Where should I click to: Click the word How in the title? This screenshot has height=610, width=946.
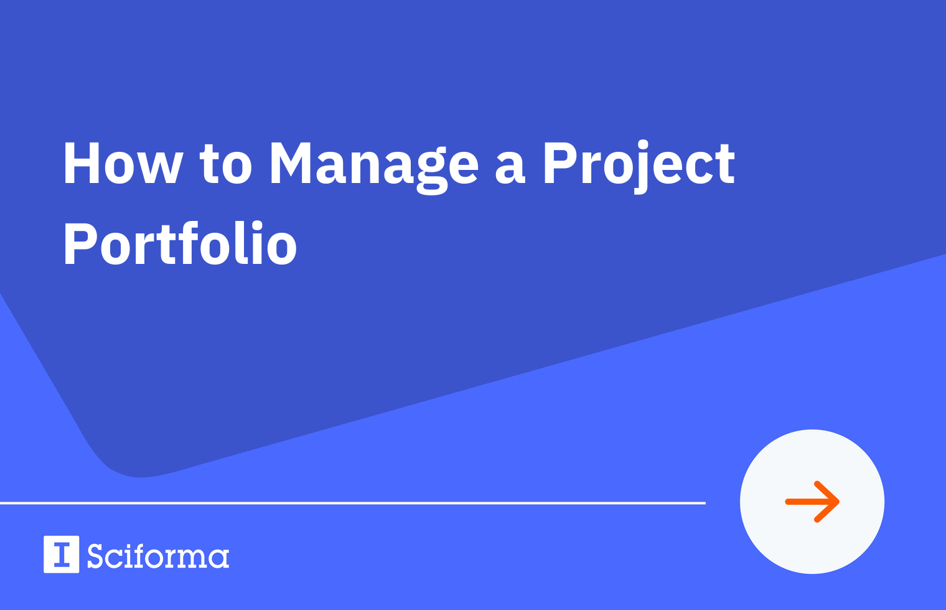(x=123, y=164)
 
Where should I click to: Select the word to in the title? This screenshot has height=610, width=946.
(x=225, y=164)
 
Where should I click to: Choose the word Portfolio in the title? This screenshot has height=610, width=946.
(x=180, y=245)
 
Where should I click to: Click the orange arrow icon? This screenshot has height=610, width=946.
(x=812, y=502)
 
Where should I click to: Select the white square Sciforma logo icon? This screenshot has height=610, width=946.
(x=61, y=554)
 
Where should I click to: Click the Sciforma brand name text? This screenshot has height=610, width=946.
(x=158, y=556)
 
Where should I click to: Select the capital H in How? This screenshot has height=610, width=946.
(x=83, y=164)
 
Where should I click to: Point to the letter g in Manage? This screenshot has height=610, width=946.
(x=432, y=171)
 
